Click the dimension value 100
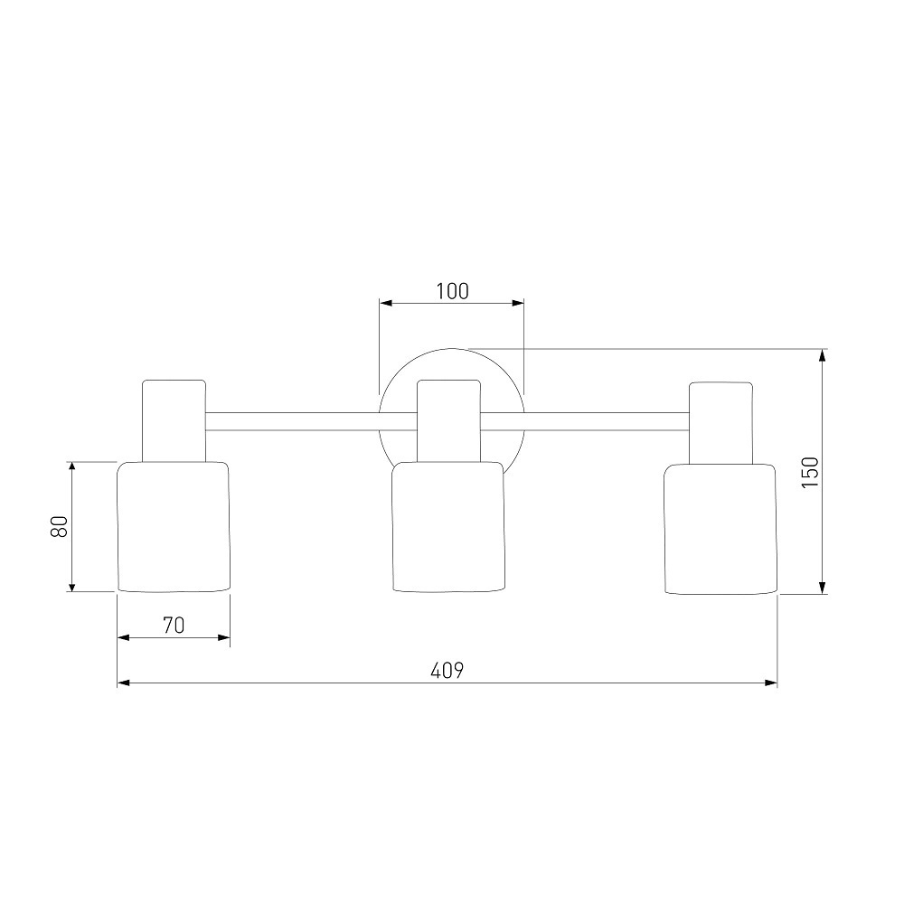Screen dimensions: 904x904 (x=452, y=291)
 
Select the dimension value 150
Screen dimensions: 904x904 (x=810, y=472)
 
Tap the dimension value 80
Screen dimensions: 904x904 (x=60, y=526)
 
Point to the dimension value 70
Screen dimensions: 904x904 (x=174, y=625)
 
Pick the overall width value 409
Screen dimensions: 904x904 (x=447, y=671)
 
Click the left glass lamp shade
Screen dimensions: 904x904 (x=174, y=526)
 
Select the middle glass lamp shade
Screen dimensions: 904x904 (x=448, y=526)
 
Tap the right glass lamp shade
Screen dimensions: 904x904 (x=720, y=529)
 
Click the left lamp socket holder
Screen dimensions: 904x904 (x=174, y=421)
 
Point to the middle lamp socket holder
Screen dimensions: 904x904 (x=448, y=421)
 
